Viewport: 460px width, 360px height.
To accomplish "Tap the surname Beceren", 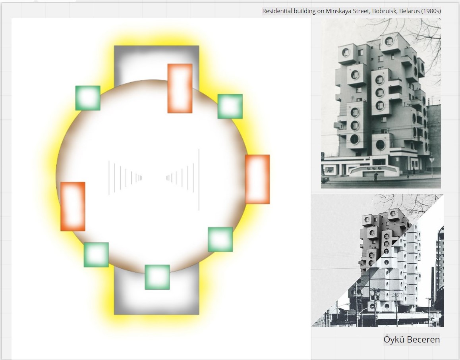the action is [423, 339].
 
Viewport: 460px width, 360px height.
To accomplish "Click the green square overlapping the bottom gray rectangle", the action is [157, 277].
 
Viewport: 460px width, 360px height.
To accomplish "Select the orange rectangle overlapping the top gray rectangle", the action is [180, 88].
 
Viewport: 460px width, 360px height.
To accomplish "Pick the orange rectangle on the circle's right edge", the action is [257, 179].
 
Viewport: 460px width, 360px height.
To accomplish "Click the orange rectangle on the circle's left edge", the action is [73, 206].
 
